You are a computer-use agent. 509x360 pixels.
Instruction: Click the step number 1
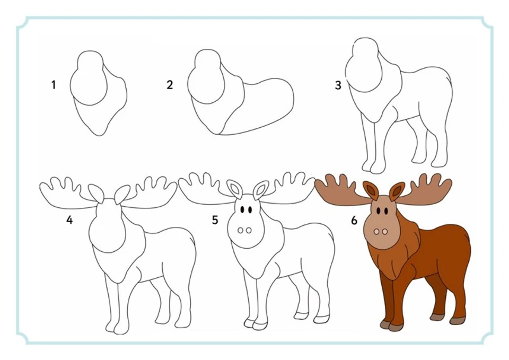coord(54,85)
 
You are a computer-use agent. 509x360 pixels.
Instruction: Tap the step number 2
coord(170,85)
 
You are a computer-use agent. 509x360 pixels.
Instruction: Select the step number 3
coord(338,85)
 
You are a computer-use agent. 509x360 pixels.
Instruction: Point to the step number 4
coord(69,220)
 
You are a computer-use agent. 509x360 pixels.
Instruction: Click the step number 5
coord(215,220)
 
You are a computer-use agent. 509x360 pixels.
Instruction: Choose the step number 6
coord(354,221)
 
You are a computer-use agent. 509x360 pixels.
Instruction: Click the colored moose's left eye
coord(379,211)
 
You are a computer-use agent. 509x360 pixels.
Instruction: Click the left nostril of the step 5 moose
coord(241,231)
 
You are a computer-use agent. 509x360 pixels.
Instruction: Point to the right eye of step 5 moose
coord(250,210)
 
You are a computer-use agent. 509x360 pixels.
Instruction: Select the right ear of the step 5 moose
coord(260,189)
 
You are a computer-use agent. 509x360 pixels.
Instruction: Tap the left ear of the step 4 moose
coord(96,194)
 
